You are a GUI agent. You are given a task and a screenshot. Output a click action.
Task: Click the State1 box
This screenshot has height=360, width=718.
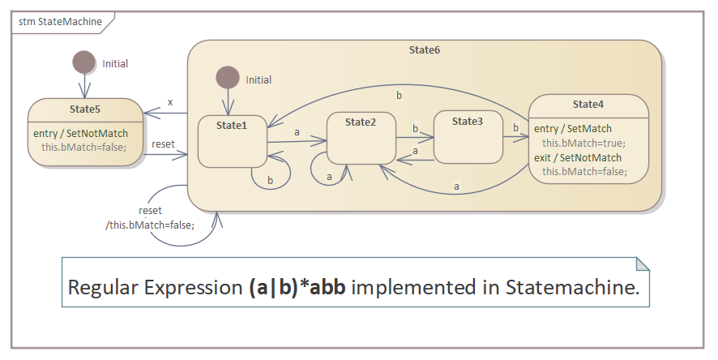[x=232, y=142]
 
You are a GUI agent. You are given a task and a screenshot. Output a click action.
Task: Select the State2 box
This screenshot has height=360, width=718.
[x=361, y=139]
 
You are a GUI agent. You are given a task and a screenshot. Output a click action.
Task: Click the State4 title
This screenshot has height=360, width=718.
[x=588, y=105]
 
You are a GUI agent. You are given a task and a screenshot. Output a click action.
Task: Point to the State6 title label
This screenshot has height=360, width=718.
[x=425, y=50]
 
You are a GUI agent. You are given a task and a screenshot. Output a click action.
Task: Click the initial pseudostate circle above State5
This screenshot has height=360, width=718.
[x=83, y=62]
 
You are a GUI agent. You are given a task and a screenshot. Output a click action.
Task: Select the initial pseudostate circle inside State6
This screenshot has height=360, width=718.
[x=228, y=78]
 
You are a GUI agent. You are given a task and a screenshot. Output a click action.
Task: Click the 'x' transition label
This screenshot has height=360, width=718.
[x=170, y=102]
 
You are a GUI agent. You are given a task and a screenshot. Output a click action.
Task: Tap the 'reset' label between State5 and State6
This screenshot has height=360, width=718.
[x=164, y=144]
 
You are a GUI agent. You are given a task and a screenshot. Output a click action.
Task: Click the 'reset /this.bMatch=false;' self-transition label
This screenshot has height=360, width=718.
[x=150, y=218]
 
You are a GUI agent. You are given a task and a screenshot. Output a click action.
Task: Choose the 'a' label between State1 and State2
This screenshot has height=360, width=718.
[x=297, y=131]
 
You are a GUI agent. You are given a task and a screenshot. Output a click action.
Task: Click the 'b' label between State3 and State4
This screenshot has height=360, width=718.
[x=514, y=127]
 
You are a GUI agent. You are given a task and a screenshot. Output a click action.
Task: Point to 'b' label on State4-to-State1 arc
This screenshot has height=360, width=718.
[x=398, y=96]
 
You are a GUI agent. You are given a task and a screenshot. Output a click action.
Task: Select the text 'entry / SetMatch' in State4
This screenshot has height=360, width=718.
[x=573, y=128]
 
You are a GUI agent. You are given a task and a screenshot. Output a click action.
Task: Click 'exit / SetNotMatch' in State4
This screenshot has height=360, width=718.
[x=578, y=157]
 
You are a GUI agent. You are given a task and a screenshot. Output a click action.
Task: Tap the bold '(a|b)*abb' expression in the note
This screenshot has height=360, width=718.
[x=297, y=287]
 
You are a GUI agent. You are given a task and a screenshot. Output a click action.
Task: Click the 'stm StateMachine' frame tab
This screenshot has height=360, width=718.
[x=60, y=22]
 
